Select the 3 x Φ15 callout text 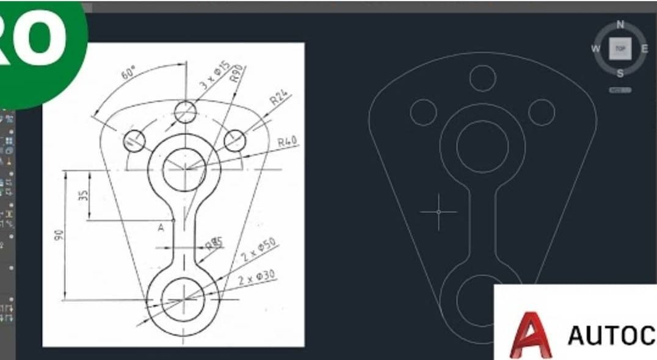pyautogui.click(x=214, y=76)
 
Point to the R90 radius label pyautogui.click(x=236, y=73)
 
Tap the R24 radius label pyautogui.click(x=280, y=98)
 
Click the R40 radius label pyautogui.click(x=287, y=142)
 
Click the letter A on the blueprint pyautogui.click(x=161, y=228)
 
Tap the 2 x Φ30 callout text pyautogui.click(x=257, y=278)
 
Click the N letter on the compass pyautogui.click(x=620, y=24)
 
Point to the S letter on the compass pyautogui.click(x=620, y=73)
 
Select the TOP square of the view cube pyautogui.click(x=620, y=49)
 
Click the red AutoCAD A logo pyautogui.click(x=529, y=336)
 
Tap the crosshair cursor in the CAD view pyautogui.click(x=438, y=212)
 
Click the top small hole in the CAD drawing pyautogui.click(x=482, y=77)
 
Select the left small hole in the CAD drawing pyautogui.click(x=424, y=112)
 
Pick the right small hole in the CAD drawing pyautogui.click(x=541, y=112)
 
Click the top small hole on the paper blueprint pyautogui.click(x=184, y=112)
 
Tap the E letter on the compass pyautogui.click(x=644, y=49)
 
